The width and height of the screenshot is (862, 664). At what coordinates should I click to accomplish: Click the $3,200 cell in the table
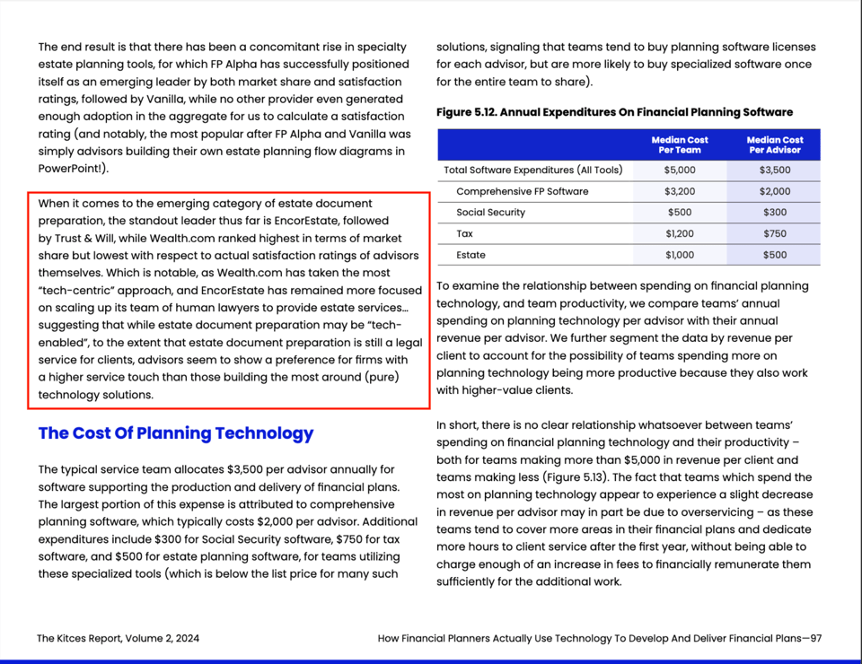point(679,191)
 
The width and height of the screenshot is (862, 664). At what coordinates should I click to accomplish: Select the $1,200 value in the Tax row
point(679,233)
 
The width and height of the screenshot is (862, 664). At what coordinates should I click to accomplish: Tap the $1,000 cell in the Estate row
point(679,255)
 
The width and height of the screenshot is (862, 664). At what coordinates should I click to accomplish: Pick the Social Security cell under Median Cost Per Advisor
point(774,213)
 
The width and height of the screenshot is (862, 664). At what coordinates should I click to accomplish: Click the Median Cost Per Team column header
point(679,144)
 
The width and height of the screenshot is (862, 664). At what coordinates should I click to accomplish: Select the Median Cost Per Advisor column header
point(774,144)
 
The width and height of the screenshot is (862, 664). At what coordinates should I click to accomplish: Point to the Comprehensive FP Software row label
point(522,191)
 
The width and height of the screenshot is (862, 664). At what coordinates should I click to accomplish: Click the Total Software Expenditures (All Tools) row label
point(532,170)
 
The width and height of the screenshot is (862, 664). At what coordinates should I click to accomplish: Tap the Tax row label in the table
point(465,233)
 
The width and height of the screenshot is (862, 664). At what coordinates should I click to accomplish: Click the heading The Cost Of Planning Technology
point(176,433)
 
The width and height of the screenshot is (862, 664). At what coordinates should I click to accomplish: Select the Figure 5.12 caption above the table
point(614,112)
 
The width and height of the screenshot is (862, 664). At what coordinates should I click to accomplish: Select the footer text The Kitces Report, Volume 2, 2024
point(119,639)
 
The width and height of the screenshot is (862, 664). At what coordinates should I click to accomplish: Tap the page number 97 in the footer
point(814,639)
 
